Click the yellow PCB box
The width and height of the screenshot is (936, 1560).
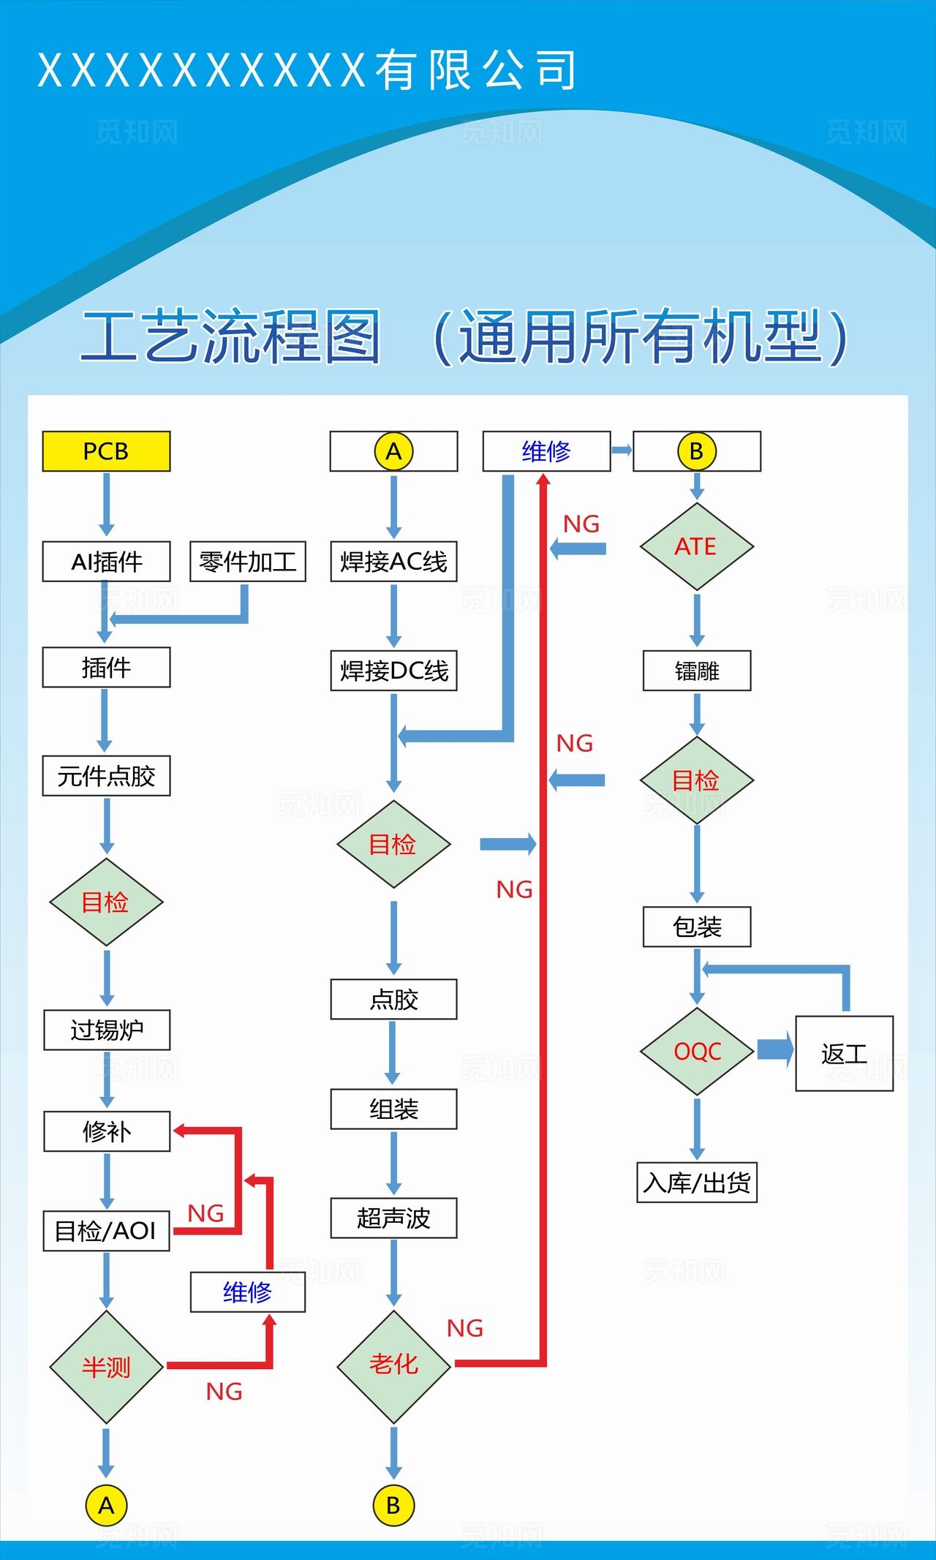click(106, 451)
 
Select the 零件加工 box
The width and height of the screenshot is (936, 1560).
click(247, 562)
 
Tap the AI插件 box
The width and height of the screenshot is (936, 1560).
click(106, 562)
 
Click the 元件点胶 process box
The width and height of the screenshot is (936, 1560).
click(106, 776)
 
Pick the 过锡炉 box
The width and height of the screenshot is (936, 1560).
click(106, 1030)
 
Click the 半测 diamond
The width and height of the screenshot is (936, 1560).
click(106, 1366)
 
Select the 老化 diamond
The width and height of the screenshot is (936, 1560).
click(393, 1364)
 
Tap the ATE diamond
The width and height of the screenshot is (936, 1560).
click(696, 546)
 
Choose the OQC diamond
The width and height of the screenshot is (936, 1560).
click(696, 1052)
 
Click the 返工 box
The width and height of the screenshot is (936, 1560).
click(844, 1053)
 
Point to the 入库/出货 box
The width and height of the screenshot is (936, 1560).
click(696, 1183)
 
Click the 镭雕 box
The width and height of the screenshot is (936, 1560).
click(696, 671)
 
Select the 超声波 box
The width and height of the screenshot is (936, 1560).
click(393, 1218)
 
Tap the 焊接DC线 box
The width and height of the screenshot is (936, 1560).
click(393, 671)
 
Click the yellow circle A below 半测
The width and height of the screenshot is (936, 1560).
click(106, 1505)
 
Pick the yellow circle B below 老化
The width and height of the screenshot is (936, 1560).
click(393, 1505)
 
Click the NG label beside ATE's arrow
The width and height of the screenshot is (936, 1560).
click(581, 524)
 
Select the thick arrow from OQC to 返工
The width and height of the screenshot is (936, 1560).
click(775, 1050)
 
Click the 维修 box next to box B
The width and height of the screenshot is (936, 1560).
click(546, 451)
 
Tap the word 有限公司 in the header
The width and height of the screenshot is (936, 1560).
click(475, 70)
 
